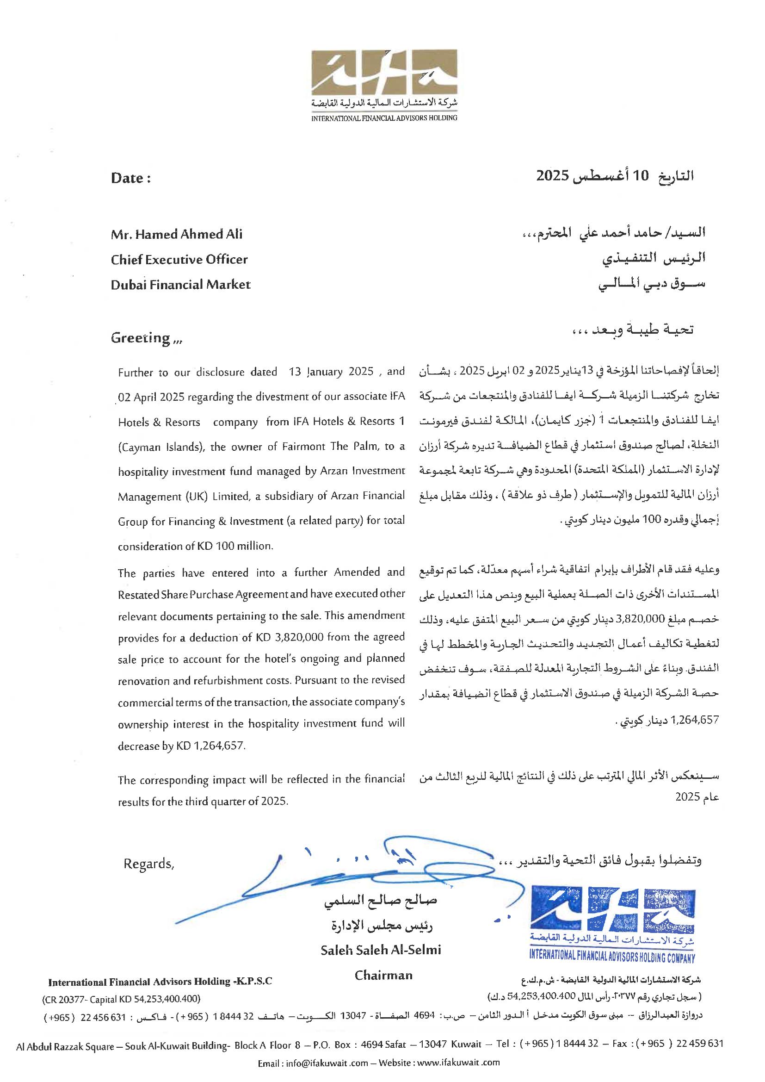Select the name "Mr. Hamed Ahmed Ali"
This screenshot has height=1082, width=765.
tap(177, 234)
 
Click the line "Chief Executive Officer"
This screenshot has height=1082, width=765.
tap(179, 259)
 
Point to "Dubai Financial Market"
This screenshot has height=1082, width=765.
tap(180, 285)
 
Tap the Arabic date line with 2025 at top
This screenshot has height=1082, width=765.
tap(615, 176)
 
